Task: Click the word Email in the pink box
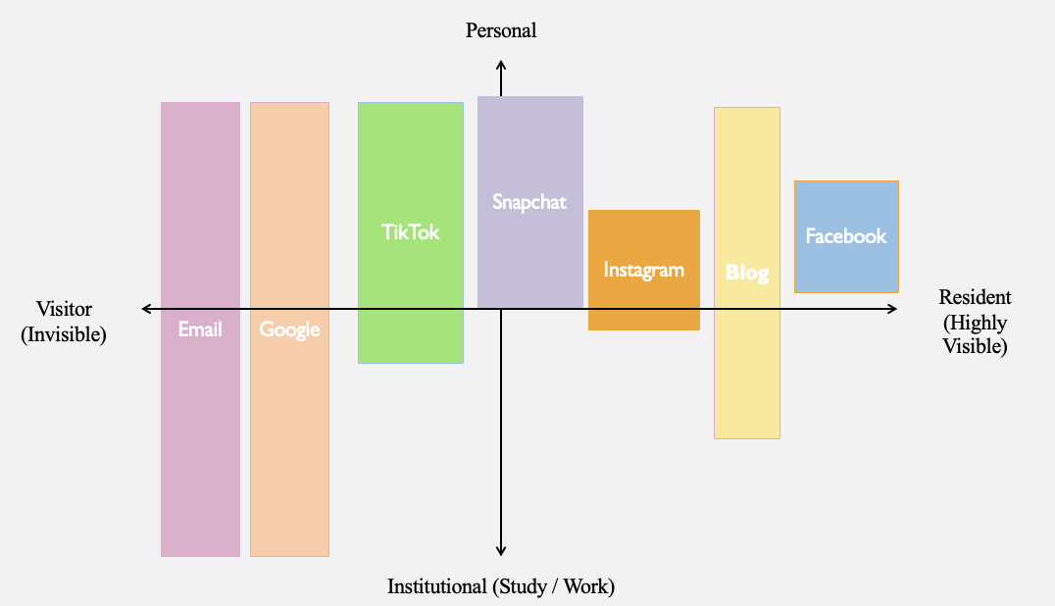click(200, 328)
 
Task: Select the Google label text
click(289, 329)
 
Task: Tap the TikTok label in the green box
click(411, 232)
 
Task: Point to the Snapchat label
click(529, 202)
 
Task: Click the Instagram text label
click(644, 270)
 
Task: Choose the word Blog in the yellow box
click(747, 273)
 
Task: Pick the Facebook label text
click(846, 236)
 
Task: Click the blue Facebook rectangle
click(846, 236)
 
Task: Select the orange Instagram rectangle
click(644, 270)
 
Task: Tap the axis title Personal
click(501, 30)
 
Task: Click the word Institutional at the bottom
click(436, 586)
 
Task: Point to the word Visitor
click(64, 309)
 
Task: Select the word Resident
click(975, 296)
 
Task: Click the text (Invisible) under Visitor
click(64, 334)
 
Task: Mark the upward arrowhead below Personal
click(501, 66)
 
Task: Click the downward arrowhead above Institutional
click(501, 551)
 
